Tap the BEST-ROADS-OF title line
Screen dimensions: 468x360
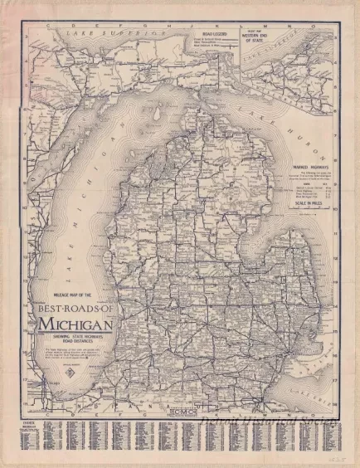coord(74,308)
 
